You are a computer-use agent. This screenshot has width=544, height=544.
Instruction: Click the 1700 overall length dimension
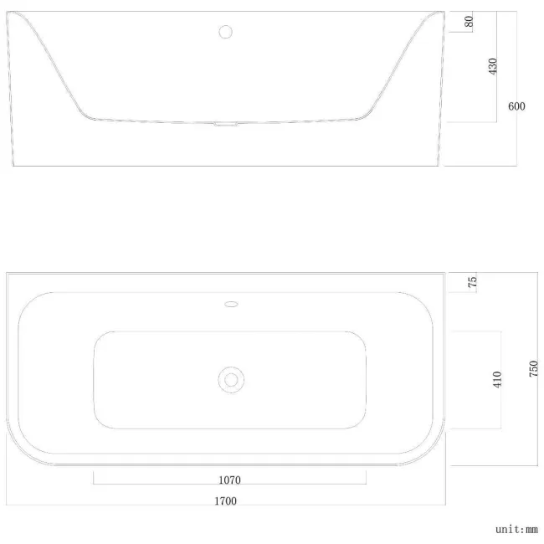[x=225, y=500]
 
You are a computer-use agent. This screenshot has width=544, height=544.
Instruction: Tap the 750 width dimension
[x=534, y=368]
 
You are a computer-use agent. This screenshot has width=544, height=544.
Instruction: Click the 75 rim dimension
[x=472, y=282]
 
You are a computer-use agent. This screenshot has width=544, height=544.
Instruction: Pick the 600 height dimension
[x=516, y=106]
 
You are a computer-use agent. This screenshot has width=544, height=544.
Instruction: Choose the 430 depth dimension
[x=492, y=66]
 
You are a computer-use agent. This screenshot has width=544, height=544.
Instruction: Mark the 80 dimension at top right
[x=469, y=22]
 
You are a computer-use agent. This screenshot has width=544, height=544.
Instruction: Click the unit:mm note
[x=516, y=529]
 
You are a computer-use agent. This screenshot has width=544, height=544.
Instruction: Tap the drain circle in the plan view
[x=230, y=379]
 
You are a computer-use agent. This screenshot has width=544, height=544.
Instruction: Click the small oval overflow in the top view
[x=232, y=304]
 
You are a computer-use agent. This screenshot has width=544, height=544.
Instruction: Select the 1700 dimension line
[x=126, y=506]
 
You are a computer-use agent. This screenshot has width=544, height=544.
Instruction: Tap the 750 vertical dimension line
[x=538, y=418]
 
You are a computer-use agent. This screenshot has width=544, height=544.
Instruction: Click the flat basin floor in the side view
[x=167, y=120]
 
